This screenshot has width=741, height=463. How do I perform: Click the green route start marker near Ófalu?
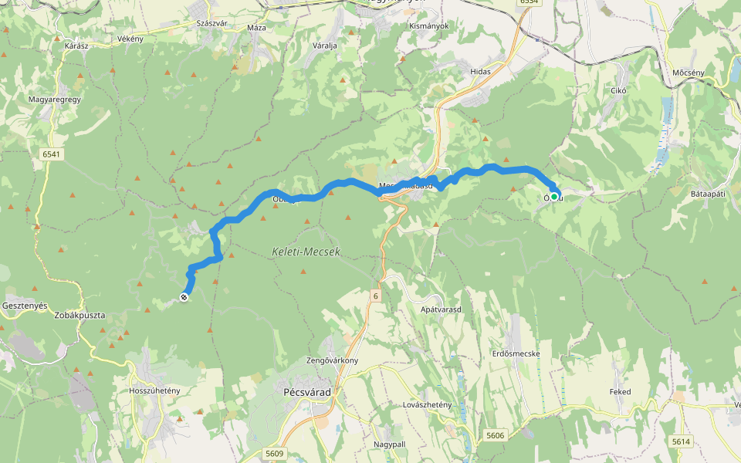tap(553, 197)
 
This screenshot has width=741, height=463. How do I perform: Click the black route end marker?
tap(184, 297)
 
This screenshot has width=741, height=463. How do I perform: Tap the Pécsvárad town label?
tap(303, 393)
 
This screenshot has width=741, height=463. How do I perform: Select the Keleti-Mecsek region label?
tap(306, 252)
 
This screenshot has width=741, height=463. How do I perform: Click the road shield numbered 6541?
tap(51, 154)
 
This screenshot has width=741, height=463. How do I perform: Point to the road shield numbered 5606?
tap(496, 436)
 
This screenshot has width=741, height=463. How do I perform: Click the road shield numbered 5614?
tap(681, 441)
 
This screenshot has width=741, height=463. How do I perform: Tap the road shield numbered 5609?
tap(273, 453)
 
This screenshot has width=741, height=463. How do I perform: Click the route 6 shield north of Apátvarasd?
tap(376, 296)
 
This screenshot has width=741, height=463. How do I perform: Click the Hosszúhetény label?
tap(155, 390)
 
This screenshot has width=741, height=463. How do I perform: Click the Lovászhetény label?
tap(415, 404)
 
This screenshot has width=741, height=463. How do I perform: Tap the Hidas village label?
tap(480, 71)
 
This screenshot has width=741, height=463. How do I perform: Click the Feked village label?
tap(620, 392)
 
